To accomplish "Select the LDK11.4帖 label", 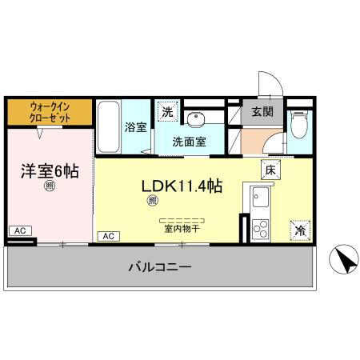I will pyautogui.click(x=182, y=186).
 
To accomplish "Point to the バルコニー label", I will pyautogui.click(x=160, y=267).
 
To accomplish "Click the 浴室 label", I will pyautogui.click(x=134, y=126).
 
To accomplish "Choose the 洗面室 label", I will pyautogui.click(x=190, y=142).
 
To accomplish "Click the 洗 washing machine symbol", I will pyautogui.click(x=167, y=112).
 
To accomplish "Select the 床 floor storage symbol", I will pyautogui.click(x=270, y=170).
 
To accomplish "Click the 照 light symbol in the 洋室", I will pyautogui.click(x=50, y=186).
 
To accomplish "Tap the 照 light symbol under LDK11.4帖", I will pyautogui.click(x=152, y=202).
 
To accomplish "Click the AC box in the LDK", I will pyautogui.click(x=108, y=236).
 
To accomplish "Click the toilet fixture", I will pyautogui.click(x=298, y=124).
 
